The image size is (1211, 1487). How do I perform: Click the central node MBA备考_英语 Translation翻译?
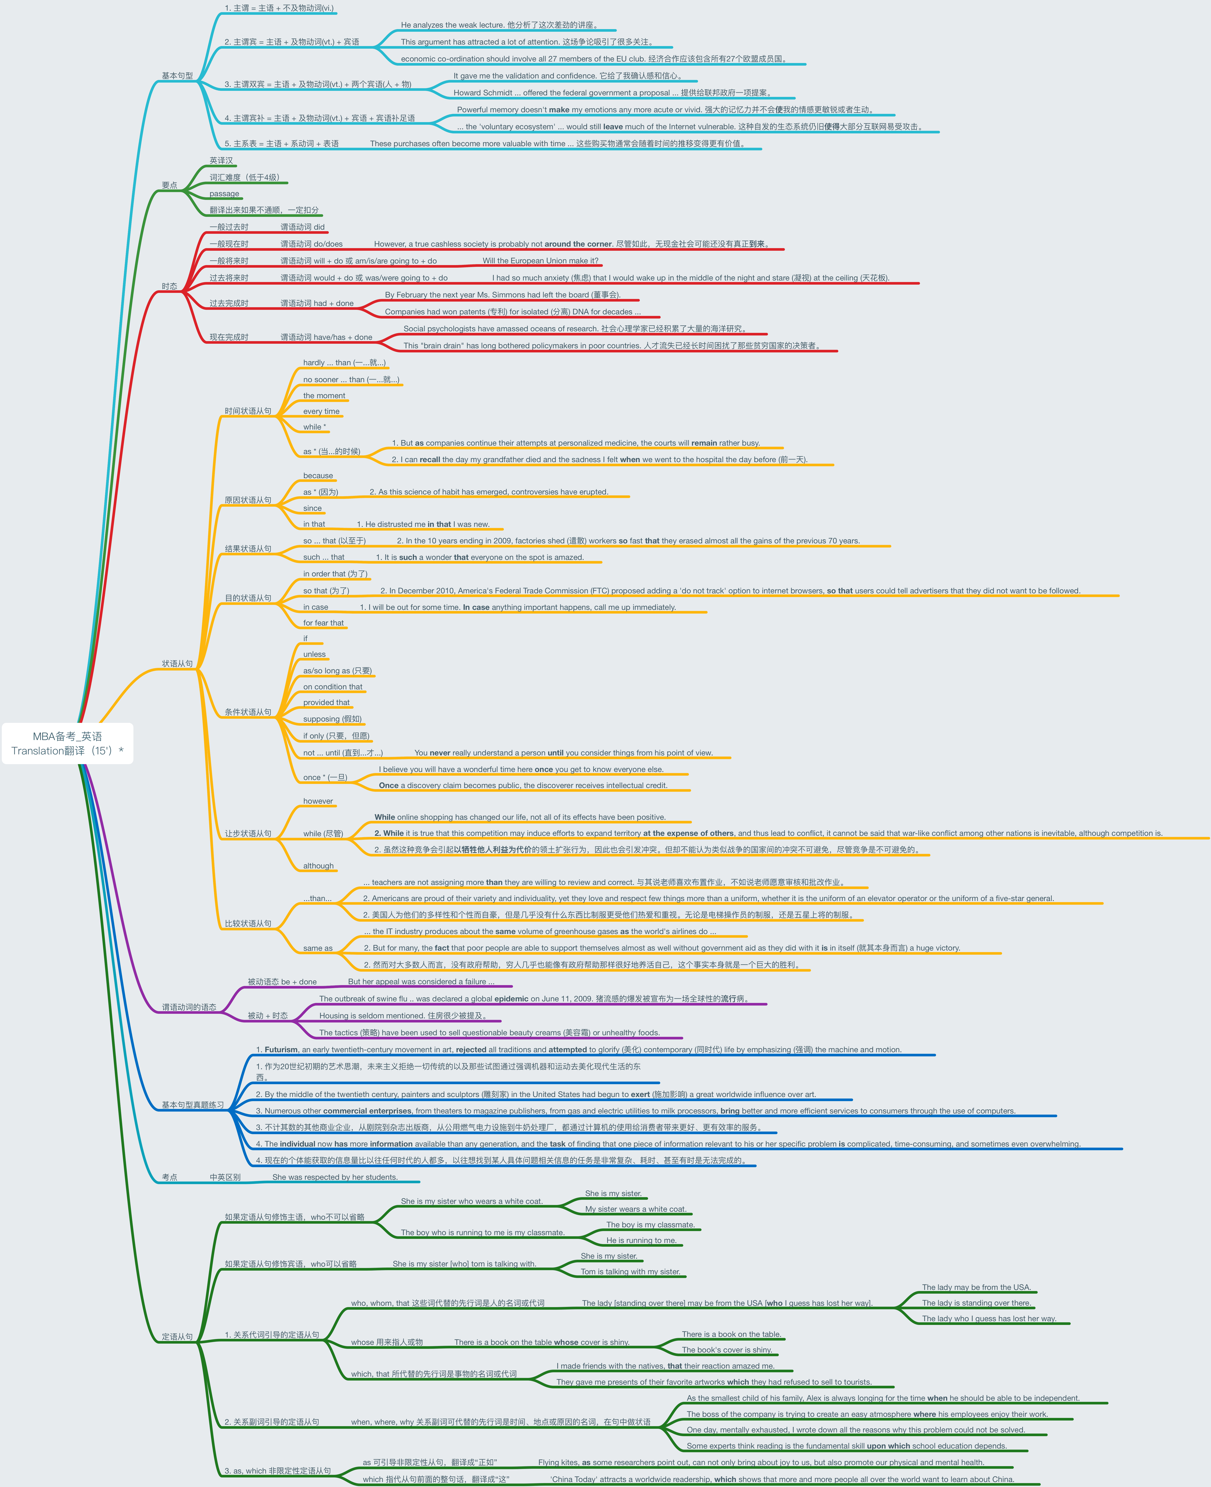[68, 743]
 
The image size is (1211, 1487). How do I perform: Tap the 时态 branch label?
[170, 286]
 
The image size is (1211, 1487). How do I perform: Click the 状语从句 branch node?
[177, 664]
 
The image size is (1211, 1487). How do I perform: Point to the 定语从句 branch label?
[177, 1336]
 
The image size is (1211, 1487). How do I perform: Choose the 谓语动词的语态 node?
[189, 1007]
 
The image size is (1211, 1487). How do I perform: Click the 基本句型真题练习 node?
[193, 1105]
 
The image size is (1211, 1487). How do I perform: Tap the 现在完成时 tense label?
[229, 337]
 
